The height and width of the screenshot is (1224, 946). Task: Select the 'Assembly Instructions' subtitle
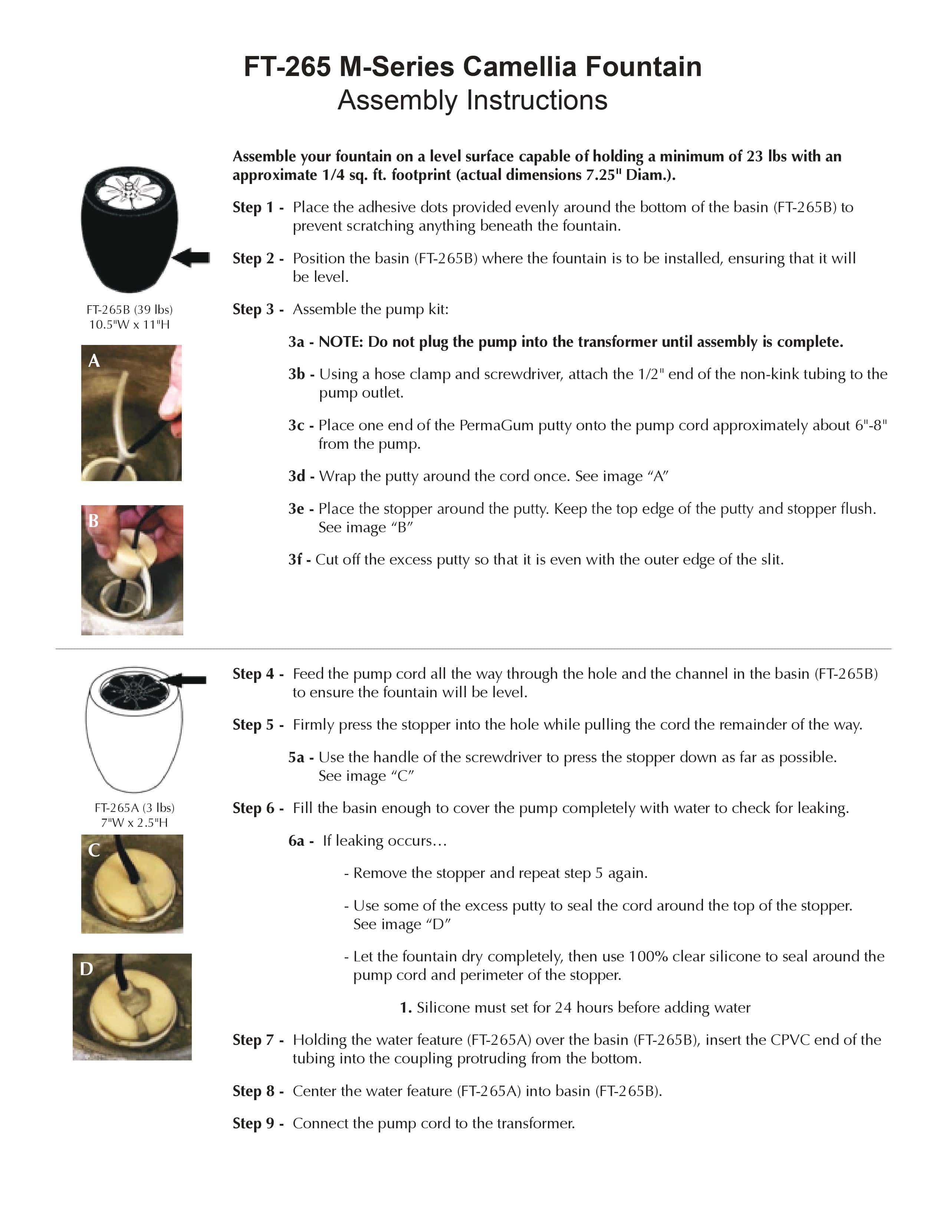pyautogui.click(x=472, y=100)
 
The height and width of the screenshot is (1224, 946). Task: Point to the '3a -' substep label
pyautogui.click(x=301, y=342)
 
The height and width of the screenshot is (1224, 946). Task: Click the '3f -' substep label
pyautogui.click(x=299, y=560)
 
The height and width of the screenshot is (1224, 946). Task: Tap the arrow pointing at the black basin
pyautogui.click(x=191, y=258)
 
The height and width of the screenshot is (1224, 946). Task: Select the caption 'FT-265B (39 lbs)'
pyautogui.click(x=129, y=309)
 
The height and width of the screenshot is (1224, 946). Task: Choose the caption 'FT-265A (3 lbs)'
pyautogui.click(x=135, y=807)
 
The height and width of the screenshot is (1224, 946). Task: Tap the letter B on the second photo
pyautogui.click(x=93, y=521)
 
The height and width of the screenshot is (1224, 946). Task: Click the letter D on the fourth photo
pyautogui.click(x=86, y=969)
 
